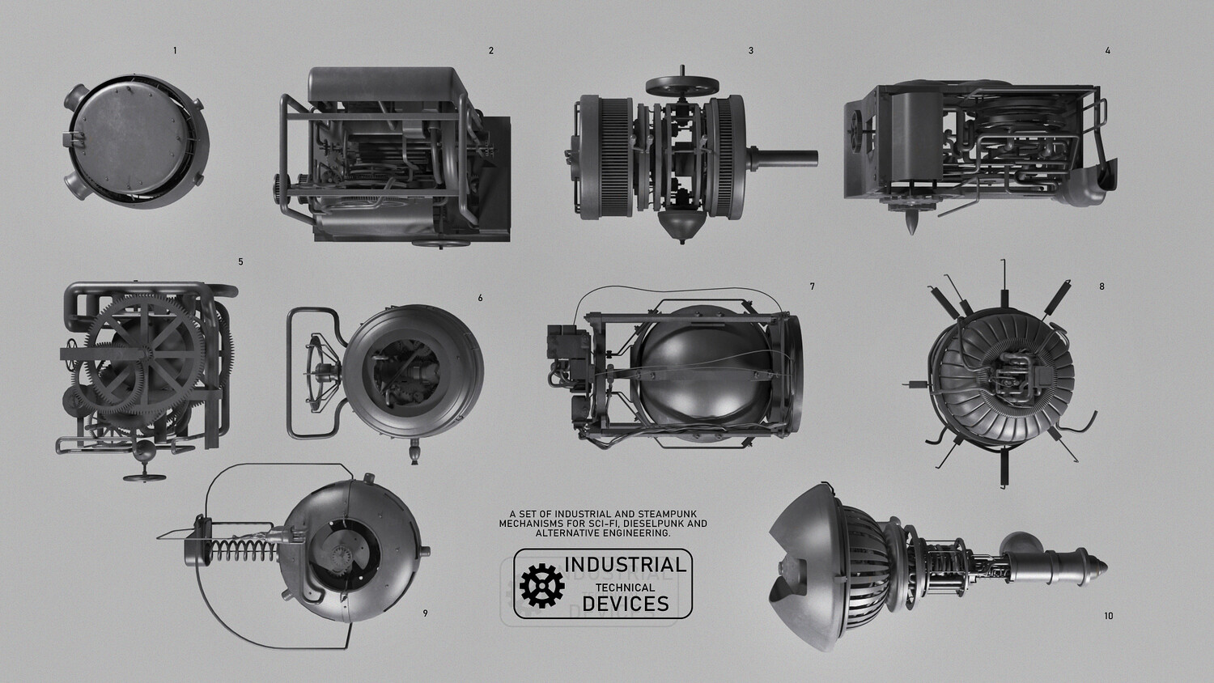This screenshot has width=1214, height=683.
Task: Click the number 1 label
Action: coord(175,50)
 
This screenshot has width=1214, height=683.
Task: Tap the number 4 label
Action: coord(1108,50)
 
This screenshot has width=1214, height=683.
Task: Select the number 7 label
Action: coord(812,286)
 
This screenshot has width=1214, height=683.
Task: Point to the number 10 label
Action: coord(1108,616)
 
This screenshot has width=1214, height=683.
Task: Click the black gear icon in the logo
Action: coord(541,585)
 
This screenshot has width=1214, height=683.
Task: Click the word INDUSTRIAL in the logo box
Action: coord(625,565)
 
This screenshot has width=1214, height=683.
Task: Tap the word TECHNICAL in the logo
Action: coord(625,588)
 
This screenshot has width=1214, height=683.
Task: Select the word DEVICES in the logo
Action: coord(626,604)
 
